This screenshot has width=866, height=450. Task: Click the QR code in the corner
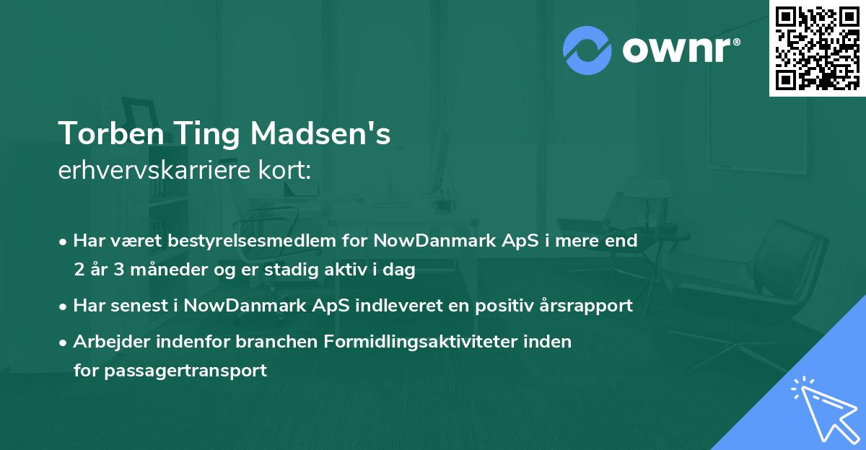[817, 48]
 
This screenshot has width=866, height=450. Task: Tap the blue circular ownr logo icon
[587, 50]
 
